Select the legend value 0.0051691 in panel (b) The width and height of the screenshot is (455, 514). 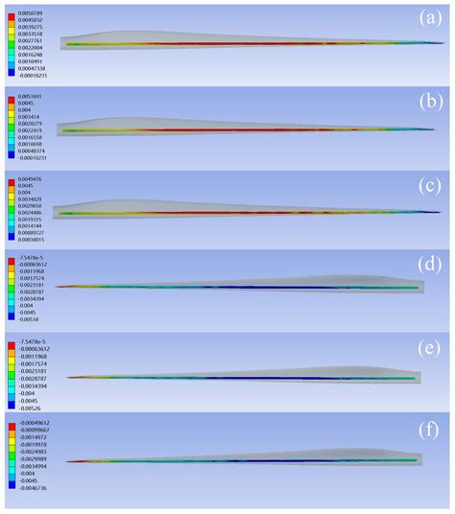point(29,96)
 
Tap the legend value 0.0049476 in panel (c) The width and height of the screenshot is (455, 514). point(29,178)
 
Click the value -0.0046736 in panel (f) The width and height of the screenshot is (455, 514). point(30,485)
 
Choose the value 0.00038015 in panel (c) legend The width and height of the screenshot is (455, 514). point(31,241)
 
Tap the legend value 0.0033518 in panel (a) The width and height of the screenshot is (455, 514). point(29,33)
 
